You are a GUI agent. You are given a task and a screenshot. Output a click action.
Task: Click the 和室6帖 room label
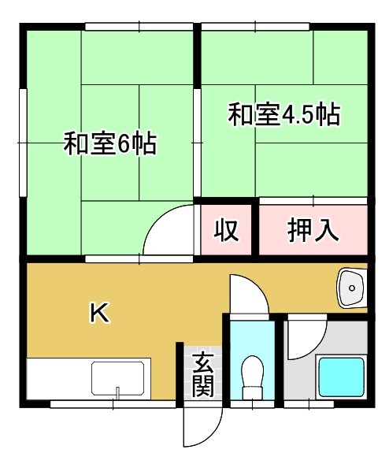tap(109, 145)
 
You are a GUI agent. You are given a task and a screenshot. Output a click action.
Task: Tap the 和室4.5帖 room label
tap(283, 115)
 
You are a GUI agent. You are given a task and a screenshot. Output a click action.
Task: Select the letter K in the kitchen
tap(99, 313)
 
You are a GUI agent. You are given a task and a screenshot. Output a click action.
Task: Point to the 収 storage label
tap(227, 230)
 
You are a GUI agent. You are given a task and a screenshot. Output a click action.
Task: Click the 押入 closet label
tap(313, 229)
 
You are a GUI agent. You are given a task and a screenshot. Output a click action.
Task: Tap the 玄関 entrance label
tap(202, 375)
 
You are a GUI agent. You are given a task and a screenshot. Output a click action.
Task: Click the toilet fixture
tap(254, 379)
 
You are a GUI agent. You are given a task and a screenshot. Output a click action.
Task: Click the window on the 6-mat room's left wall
tap(24, 143)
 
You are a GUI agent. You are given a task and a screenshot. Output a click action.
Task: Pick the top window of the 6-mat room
tap(139, 28)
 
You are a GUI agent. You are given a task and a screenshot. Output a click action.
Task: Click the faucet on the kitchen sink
tap(118, 392)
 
